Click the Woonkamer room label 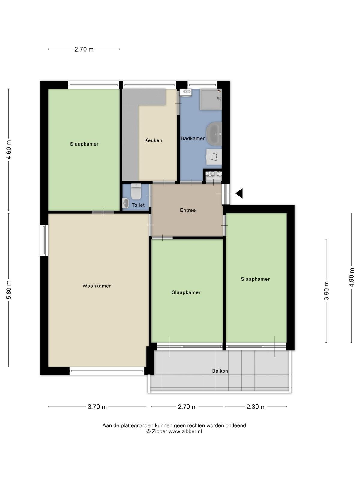point(97,286)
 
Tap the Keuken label point(153,140)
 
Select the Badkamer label point(193,138)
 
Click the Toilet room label point(138,205)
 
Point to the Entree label point(188,210)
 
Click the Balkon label point(220,371)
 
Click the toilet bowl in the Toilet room point(136,192)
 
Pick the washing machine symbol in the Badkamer point(214,157)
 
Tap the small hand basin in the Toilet point(126,203)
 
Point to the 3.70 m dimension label point(97,407)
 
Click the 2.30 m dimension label point(256,407)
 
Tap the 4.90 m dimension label point(352,277)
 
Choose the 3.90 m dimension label point(326,291)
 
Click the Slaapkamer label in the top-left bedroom point(84,144)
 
